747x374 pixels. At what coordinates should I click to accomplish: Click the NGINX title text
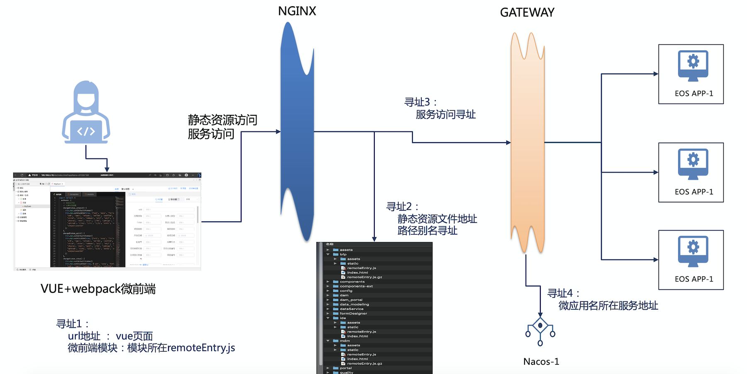pos(297,11)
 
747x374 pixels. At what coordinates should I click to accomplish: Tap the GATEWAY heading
pos(527,12)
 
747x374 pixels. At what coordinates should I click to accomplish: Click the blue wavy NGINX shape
pos(297,133)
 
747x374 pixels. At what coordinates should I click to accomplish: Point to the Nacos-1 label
pos(541,362)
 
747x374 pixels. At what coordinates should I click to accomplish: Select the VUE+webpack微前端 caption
pos(98,289)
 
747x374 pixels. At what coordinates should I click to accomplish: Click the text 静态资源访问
pos(222,120)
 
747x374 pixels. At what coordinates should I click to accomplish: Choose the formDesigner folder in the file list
pos(353,313)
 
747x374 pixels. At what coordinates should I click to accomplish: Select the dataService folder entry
pos(352,309)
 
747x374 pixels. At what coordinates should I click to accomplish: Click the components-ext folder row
pos(356,286)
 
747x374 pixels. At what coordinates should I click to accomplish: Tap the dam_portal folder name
pos(351,300)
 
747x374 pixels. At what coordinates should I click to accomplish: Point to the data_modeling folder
pos(354,304)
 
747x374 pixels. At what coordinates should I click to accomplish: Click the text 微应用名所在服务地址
pos(608,306)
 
